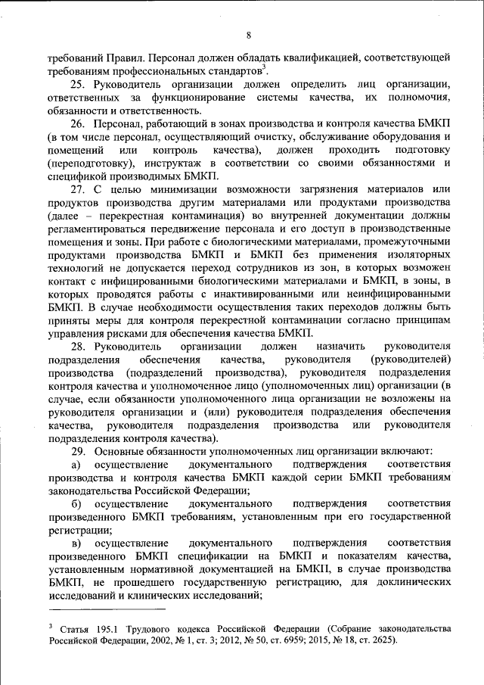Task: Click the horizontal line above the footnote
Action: click(x=106, y=608)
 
